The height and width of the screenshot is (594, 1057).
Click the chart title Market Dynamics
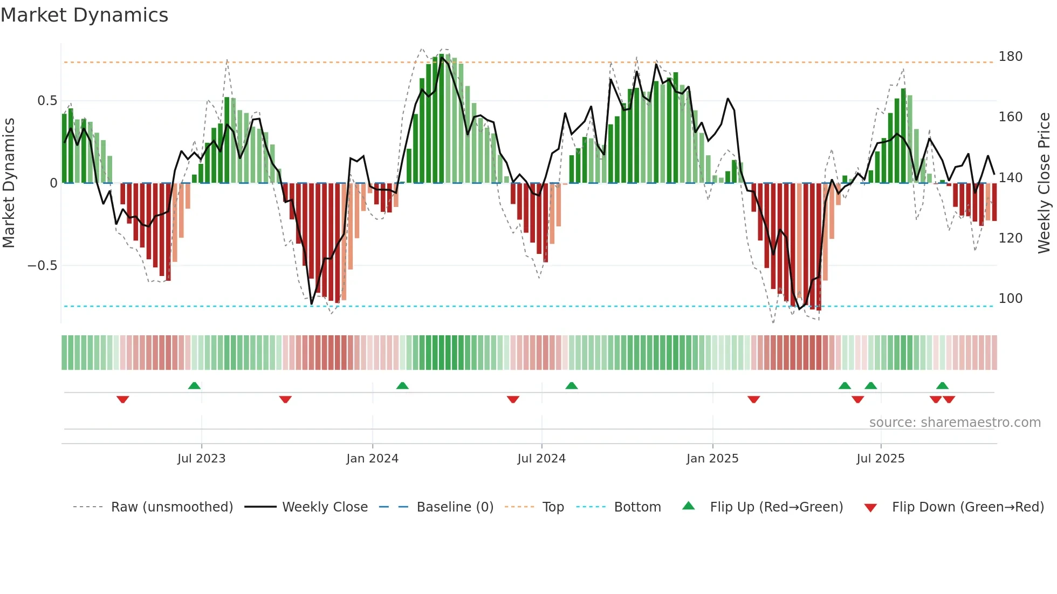click(x=84, y=15)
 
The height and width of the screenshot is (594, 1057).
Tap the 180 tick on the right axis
click(x=1010, y=57)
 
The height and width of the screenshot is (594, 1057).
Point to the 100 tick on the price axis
click(x=1010, y=299)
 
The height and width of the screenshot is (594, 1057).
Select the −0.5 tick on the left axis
click(x=42, y=266)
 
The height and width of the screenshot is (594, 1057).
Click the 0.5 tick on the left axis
click(x=47, y=101)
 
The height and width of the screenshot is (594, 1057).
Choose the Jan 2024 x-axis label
click(x=372, y=459)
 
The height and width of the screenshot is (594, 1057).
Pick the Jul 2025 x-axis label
click(x=880, y=459)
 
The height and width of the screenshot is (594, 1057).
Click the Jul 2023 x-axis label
click(x=201, y=459)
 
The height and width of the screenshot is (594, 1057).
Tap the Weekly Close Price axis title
click(x=1044, y=183)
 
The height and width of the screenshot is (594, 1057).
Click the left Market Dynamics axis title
click(x=9, y=183)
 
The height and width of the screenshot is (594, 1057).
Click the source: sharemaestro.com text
click(x=955, y=423)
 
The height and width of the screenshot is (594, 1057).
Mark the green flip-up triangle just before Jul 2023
click(x=194, y=385)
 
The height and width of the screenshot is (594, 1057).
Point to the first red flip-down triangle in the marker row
click(x=123, y=399)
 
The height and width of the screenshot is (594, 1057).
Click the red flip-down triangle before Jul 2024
click(x=513, y=399)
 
